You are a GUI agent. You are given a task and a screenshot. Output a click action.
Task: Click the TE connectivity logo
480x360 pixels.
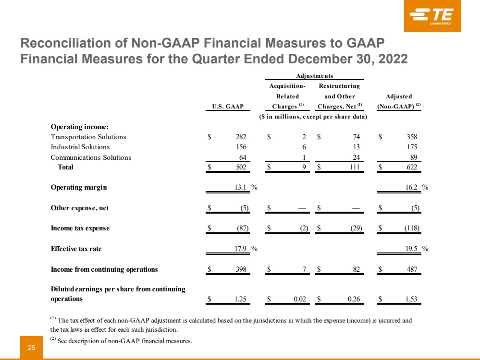432,16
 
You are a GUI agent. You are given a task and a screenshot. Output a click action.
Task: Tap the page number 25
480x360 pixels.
32,348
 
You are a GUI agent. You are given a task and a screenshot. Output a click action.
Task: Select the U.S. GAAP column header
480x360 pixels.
228,107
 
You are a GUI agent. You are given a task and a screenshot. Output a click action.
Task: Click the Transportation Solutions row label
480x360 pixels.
88,137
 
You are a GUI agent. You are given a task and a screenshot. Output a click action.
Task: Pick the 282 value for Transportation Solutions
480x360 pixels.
241,137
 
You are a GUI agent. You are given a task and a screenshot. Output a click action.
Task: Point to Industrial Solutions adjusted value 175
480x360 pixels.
412,147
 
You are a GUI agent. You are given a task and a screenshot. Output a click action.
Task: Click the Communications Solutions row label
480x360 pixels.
91,157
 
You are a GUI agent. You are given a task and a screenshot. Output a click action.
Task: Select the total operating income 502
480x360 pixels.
241,167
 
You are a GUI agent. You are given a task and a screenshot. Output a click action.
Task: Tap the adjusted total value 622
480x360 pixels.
412,167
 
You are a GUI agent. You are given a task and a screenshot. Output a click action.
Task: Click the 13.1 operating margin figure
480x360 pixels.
240,187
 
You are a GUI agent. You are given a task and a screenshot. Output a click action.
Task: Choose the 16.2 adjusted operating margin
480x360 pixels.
411,187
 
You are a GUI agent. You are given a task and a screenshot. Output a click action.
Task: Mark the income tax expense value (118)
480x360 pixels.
412,228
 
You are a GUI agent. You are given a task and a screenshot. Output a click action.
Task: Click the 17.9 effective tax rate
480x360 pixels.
240,249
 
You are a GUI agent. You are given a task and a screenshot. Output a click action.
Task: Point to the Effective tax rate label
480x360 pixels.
76,249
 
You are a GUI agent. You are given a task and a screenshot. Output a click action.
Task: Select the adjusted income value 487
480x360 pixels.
412,269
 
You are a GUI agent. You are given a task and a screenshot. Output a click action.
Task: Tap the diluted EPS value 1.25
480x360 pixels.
240,299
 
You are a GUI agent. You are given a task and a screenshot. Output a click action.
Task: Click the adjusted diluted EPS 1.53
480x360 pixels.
411,299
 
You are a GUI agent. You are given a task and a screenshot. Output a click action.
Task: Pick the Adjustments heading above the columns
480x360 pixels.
314,75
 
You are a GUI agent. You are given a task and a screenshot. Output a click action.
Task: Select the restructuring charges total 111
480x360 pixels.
355,167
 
